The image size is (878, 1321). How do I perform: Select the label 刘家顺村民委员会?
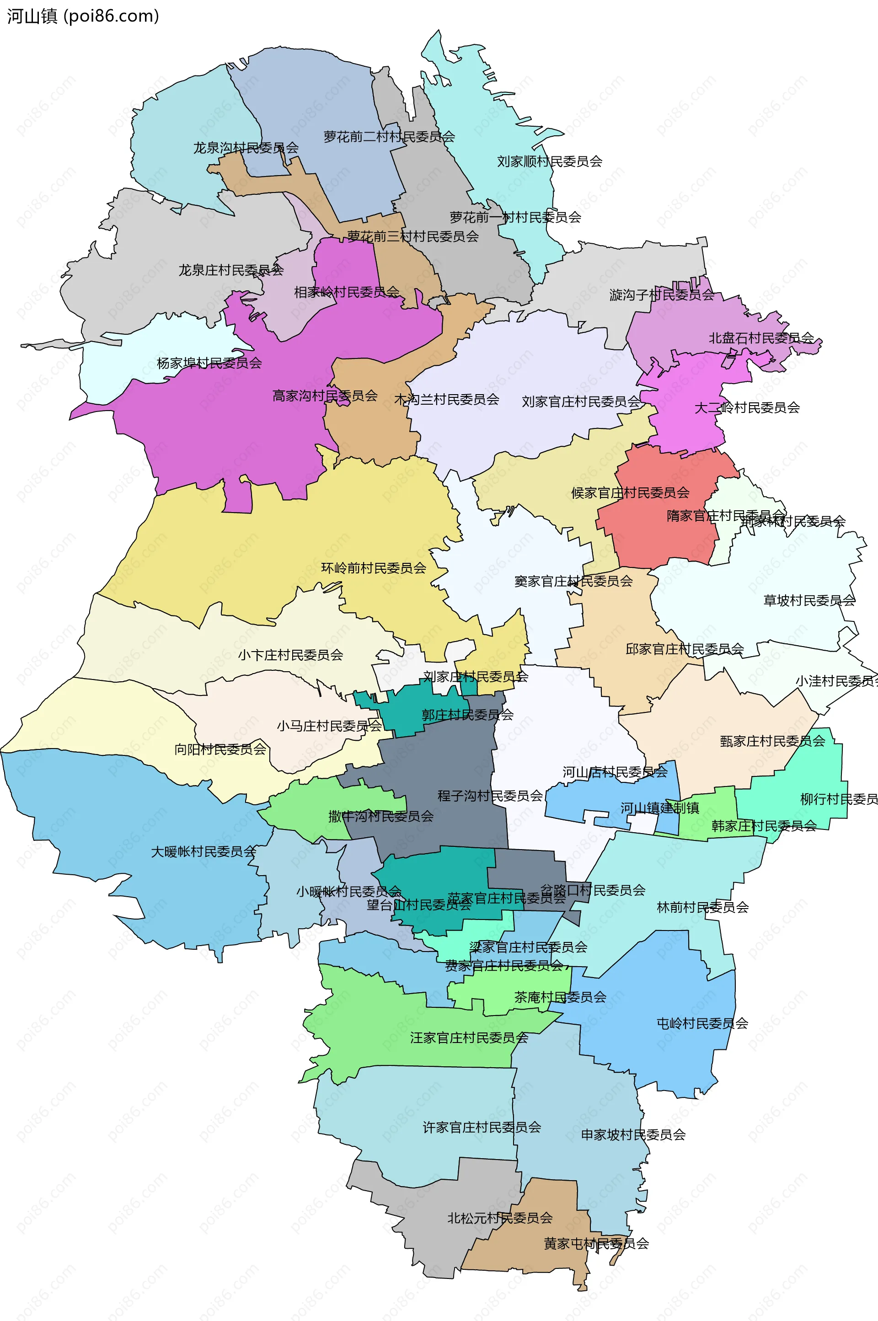(x=549, y=162)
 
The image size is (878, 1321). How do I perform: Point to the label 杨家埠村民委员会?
(x=209, y=363)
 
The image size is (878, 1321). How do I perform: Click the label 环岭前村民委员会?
(x=374, y=568)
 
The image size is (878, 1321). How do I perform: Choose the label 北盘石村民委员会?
(x=761, y=338)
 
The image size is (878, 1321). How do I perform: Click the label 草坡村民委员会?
(x=809, y=601)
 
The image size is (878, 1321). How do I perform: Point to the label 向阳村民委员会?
(x=220, y=749)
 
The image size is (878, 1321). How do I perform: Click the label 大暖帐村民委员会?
(x=203, y=851)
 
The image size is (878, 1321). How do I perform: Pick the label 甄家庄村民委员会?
(x=772, y=741)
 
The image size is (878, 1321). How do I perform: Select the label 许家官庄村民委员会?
(x=482, y=1127)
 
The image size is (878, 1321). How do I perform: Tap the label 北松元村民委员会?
(x=499, y=1218)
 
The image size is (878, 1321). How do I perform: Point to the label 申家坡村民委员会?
(x=633, y=1134)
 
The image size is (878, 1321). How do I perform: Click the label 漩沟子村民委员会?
(x=661, y=295)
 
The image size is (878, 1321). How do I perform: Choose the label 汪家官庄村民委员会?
(x=469, y=1038)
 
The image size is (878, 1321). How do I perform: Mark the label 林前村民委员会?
(x=702, y=907)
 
